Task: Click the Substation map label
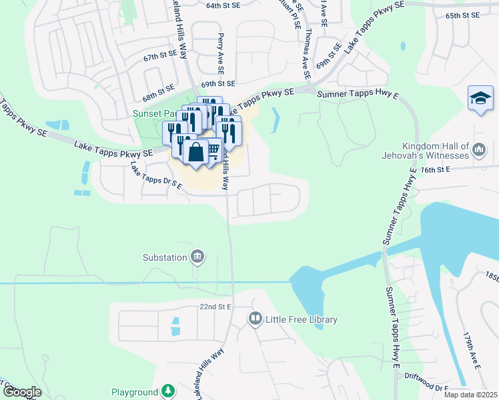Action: [166, 257]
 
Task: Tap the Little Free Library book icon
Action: [254, 319]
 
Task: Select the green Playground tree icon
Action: [169, 392]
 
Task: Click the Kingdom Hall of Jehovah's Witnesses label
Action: [436, 151]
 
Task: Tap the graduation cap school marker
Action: [480, 99]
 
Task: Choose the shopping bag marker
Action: [196, 153]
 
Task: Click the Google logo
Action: [21, 392]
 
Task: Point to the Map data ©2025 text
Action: [470, 395]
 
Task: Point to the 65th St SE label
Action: [462, 15]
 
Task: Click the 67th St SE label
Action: [160, 58]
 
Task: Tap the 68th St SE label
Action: [158, 88]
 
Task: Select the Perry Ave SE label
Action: [219, 55]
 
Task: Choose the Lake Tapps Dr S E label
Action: [156, 175]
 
